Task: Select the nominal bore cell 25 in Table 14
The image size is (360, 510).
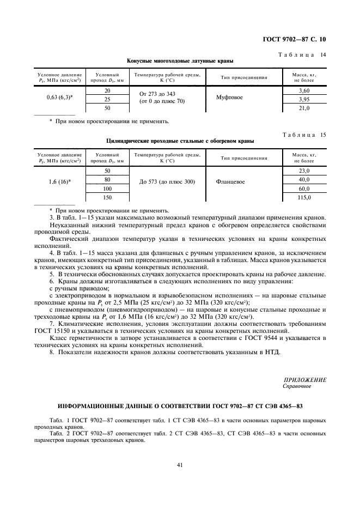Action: [x=107, y=100]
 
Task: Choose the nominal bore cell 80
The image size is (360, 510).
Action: [x=107, y=179]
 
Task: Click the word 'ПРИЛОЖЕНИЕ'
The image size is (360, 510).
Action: [x=305, y=380]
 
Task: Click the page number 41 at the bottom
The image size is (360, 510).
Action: [x=179, y=465]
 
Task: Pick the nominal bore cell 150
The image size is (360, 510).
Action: [x=107, y=197]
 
